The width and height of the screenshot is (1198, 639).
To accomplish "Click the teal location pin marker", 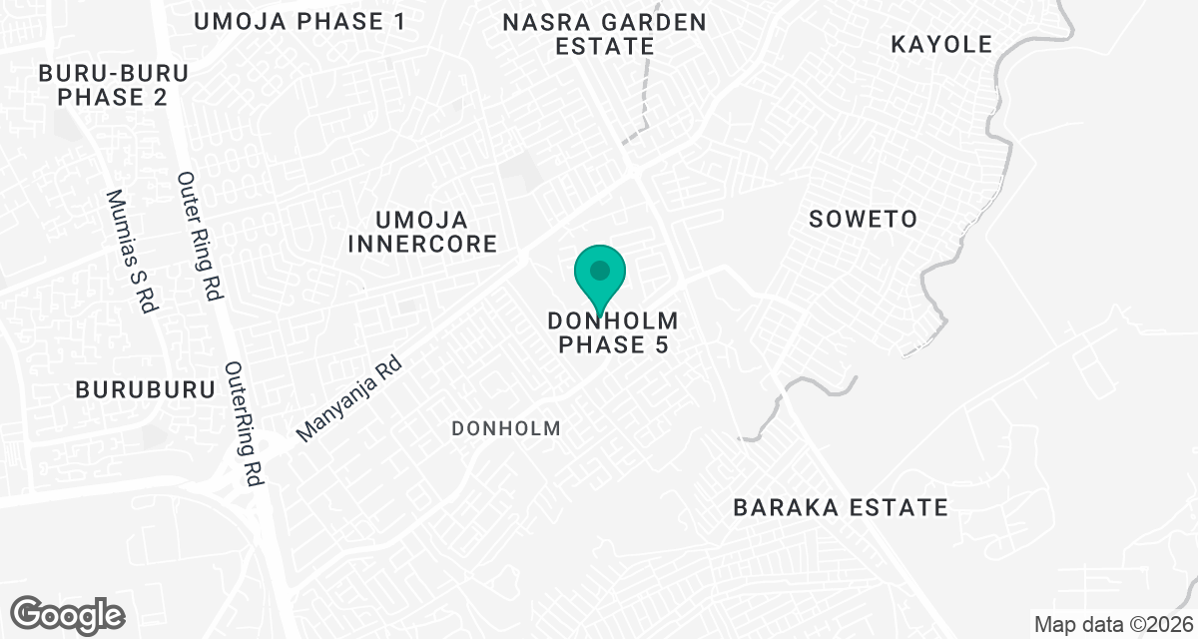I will pyautogui.click(x=600, y=278).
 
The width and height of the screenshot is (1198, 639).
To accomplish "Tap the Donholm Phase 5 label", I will pyautogui.click(x=612, y=333).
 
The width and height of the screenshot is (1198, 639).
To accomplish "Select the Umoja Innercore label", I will pyautogui.click(x=436, y=232).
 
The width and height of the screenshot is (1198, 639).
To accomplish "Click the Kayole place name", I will pyautogui.click(x=941, y=45).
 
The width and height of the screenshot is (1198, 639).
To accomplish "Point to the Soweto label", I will pyautogui.click(x=863, y=220).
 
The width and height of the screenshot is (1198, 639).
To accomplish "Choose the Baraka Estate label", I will pyautogui.click(x=840, y=507).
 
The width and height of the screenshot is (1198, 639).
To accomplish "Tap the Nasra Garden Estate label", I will pyautogui.click(x=604, y=34).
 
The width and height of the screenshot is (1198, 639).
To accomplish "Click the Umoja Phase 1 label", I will pyautogui.click(x=299, y=22).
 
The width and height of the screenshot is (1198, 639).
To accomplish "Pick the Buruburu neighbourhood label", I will pyautogui.click(x=146, y=389).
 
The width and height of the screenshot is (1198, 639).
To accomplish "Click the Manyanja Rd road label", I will pyautogui.click(x=349, y=401).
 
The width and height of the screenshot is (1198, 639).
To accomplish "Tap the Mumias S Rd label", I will pyautogui.click(x=134, y=252).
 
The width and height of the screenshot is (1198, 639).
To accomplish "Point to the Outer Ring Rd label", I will pyautogui.click(x=200, y=237).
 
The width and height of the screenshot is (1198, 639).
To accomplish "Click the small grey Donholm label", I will pyautogui.click(x=505, y=428).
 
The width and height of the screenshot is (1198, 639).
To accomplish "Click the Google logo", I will pyautogui.click(x=67, y=613).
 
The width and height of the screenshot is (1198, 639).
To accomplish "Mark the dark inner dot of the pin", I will pyautogui.click(x=600, y=270).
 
